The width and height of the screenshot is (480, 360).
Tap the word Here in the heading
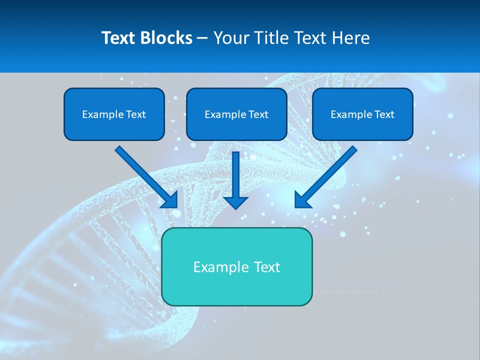[350, 38]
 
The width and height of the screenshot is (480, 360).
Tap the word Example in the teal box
[213, 267]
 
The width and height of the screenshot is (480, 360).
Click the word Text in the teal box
[266, 267]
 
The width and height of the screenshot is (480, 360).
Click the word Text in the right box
[384, 114]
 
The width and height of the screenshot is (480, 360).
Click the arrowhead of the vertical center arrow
[235, 202]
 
